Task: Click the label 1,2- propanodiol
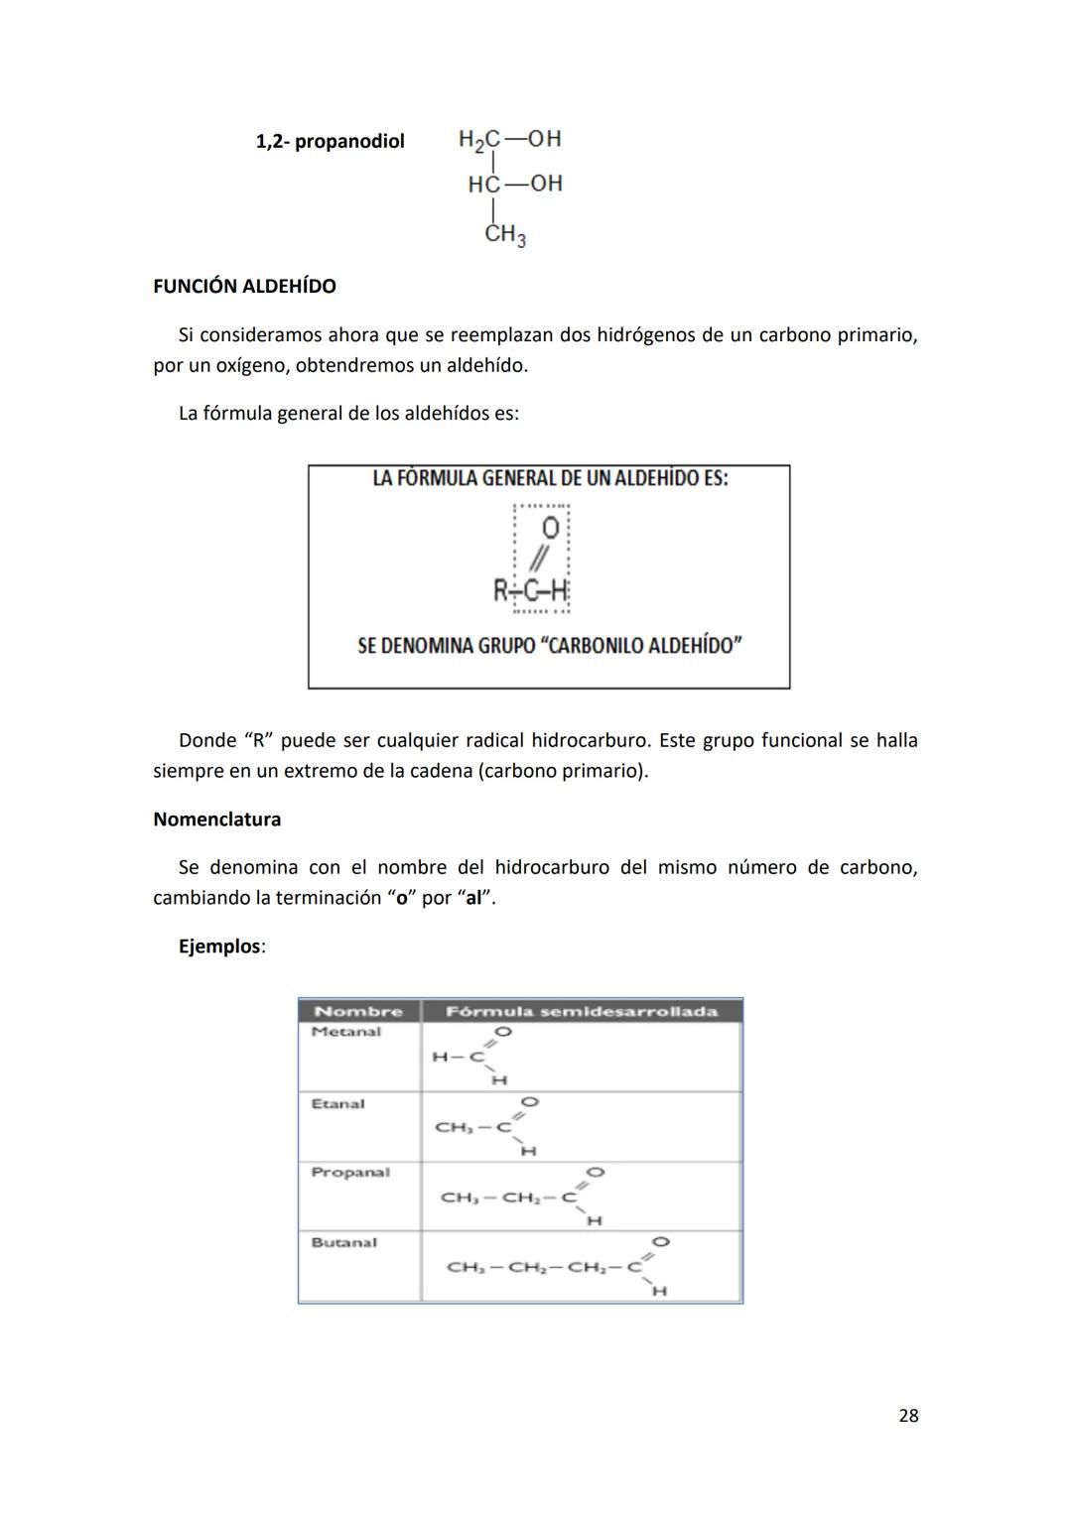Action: (330, 141)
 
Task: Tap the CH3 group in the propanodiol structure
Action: (505, 235)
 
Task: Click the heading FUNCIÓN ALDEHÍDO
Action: (244, 286)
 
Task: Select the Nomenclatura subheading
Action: (216, 820)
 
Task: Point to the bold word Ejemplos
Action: (220, 947)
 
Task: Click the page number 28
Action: (907, 1416)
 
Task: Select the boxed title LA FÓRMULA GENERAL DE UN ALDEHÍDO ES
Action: (550, 478)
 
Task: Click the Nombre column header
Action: (357, 1011)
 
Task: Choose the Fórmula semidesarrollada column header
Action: (581, 1011)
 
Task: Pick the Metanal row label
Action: (345, 1032)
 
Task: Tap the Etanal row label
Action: (337, 1103)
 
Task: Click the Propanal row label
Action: (350, 1172)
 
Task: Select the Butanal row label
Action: (343, 1242)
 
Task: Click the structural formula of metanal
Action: (471, 1057)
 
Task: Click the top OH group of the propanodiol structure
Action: (544, 139)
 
